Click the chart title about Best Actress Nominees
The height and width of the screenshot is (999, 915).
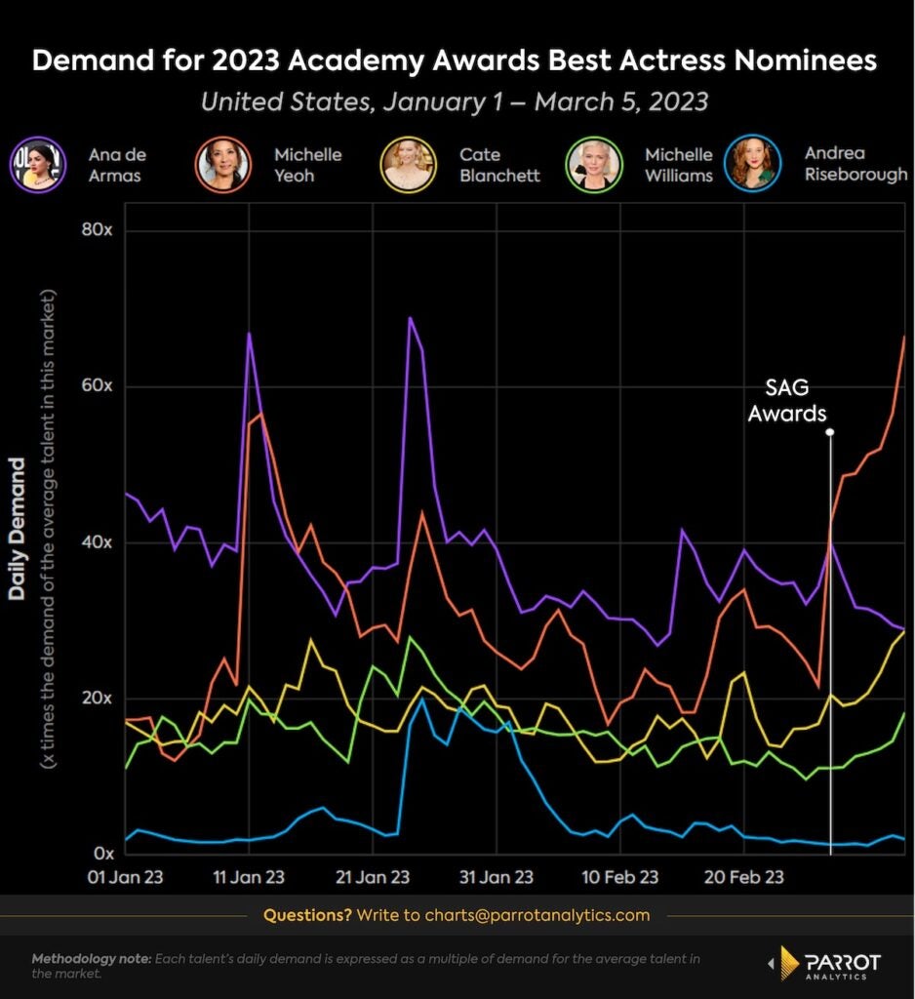[455, 61]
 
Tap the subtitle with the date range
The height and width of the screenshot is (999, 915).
[456, 101]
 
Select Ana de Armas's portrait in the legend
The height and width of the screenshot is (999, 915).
[37, 165]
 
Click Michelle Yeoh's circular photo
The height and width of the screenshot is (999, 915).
[222, 165]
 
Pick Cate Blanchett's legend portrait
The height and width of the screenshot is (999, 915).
[411, 165]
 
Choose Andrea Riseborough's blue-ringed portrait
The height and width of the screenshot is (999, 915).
[752, 165]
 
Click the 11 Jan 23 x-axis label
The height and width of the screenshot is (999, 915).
[248, 877]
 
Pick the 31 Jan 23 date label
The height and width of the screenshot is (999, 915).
[497, 877]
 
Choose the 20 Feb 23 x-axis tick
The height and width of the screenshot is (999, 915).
[744, 877]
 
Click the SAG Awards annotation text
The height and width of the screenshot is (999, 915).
[787, 400]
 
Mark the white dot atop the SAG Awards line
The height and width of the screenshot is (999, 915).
[830, 430]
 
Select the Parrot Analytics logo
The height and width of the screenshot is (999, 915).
[826, 964]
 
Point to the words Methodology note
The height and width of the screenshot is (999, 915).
[91, 959]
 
